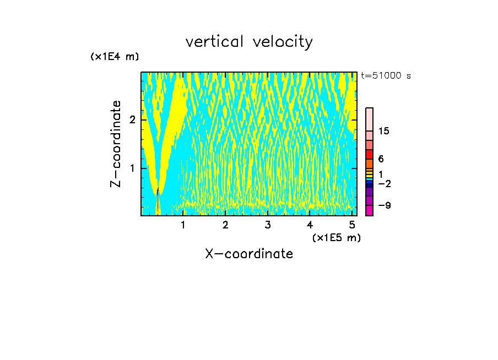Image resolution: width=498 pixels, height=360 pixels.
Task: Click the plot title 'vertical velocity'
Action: pyautogui.click(x=249, y=42)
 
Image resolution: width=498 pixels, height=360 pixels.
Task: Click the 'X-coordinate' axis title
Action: pyautogui.click(x=249, y=254)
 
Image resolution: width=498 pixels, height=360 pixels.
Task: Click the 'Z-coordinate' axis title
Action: pyautogui.click(x=116, y=144)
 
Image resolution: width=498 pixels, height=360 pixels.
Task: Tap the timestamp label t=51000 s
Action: pyautogui.click(x=386, y=76)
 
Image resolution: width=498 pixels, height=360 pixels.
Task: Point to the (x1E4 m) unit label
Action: pyautogui.click(x=115, y=57)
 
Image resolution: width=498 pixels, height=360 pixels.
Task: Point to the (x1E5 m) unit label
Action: pyautogui.click(x=336, y=237)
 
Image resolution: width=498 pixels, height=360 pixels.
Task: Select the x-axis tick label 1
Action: pyautogui.click(x=183, y=225)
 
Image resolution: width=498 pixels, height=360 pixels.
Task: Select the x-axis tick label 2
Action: pyautogui.click(x=225, y=225)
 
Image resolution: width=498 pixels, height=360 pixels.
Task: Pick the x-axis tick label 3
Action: pyautogui.click(x=268, y=225)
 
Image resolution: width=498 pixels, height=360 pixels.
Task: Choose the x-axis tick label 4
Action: pyautogui.click(x=310, y=225)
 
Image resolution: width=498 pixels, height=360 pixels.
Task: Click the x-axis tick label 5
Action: pyautogui.click(x=352, y=225)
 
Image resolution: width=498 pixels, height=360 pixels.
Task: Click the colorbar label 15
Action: pyautogui.click(x=384, y=131)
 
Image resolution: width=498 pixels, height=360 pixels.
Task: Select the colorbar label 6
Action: pyautogui.click(x=381, y=159)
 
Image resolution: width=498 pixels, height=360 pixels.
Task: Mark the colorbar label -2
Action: pyautogui.click(x=384, y=184)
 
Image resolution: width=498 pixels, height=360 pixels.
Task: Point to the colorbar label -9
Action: pyautogui.click(x=384, y=205)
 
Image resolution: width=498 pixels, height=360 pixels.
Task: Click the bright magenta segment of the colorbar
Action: pyautogui.click(x=370, y=210)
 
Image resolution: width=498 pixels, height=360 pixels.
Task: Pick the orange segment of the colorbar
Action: pyautogui.click(x=370, y=163)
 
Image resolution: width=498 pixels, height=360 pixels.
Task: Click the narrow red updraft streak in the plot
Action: pyautogui.click(x=158, y=199)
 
